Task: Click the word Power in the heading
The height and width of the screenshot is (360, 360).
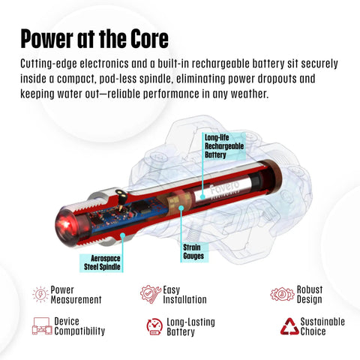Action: (46, 38)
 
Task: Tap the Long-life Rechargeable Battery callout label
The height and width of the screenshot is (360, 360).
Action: (224, 146)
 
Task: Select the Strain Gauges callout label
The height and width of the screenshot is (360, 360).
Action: (194, 252)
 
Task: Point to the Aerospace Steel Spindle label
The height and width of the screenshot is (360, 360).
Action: (101, 262)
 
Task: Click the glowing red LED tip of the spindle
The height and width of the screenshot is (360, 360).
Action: (65, 223)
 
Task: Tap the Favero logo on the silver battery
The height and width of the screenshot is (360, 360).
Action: (223, 188)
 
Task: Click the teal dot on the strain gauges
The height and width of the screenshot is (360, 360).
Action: (181, 208)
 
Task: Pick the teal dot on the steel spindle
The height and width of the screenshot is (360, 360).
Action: (123, 235)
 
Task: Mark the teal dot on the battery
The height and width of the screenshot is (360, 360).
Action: (202, 197)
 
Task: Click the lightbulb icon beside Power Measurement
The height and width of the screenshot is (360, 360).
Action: (40, 295)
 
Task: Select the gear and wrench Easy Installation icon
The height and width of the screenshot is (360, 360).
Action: (151, 294)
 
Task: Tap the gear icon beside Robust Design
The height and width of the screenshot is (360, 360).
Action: (282, 294)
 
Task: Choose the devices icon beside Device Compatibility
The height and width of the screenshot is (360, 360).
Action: (42, 326)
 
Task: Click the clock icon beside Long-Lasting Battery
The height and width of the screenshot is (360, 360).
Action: (154, 326)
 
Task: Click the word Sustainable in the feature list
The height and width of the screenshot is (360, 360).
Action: (322, 322)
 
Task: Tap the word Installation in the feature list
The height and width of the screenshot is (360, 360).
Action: (184, 299)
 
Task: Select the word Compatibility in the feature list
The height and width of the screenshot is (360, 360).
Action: (79, 331)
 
